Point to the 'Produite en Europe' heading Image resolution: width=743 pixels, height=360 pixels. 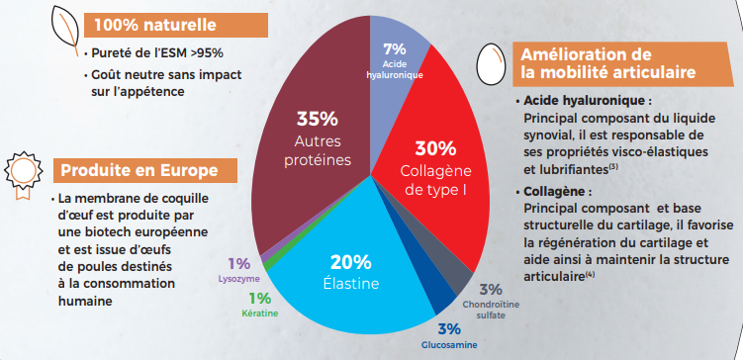point(132,170)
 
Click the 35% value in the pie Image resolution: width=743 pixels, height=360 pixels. point(317,119)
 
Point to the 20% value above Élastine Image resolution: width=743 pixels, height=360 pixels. point(350,262)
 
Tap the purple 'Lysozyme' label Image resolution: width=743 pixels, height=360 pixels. point(238,279)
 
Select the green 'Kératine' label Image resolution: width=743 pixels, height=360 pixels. point(259,312)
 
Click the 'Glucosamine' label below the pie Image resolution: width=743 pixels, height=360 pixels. point(449,344)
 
